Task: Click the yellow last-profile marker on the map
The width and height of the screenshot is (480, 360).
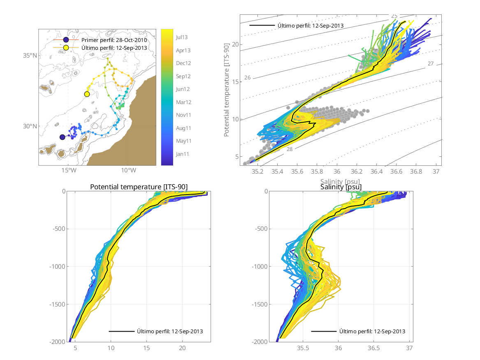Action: coord(87,94)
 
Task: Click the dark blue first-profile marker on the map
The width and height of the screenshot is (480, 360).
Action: coord(62,137)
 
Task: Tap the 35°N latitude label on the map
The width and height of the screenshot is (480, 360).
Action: coord(30,56)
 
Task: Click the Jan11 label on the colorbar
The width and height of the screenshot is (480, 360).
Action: coord(183,154)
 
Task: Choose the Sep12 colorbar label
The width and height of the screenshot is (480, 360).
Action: coord(183,76)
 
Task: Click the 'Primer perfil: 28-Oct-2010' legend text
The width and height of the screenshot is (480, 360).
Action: coord(114,40)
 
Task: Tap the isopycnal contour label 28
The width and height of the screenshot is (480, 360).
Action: coord(290,149)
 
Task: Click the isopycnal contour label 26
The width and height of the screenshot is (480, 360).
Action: coord(248,77)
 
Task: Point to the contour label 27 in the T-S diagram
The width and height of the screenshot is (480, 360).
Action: coord(431,64)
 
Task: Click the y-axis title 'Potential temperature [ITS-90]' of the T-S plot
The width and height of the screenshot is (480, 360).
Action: coord(227,90)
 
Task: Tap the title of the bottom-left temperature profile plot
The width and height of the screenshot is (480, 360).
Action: coord(139,187)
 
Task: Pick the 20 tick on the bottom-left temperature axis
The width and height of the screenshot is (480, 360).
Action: coord(182,348)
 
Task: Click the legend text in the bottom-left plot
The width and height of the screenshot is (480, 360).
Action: coord(170,331)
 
